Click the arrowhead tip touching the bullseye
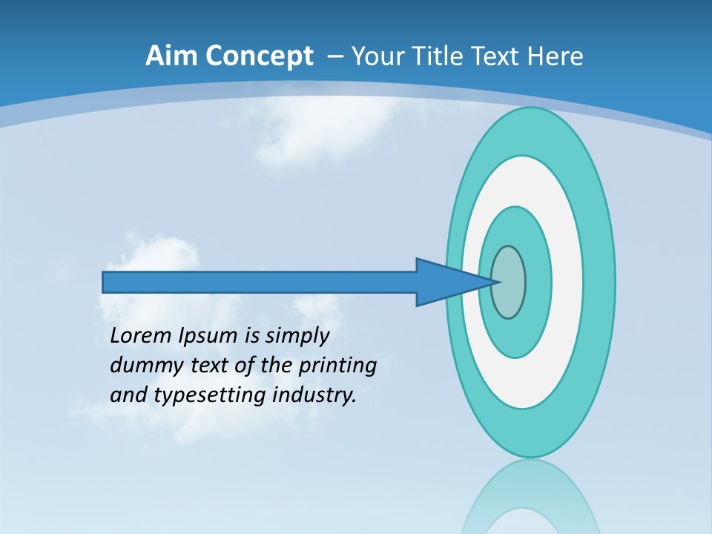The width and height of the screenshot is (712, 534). tap(495, 282)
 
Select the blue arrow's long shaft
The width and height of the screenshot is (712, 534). tap(260, 282)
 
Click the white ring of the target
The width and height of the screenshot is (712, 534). tap(567, 282)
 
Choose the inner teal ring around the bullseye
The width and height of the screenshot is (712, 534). tap(538, 282)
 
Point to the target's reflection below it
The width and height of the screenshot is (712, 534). tap(530, 501)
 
